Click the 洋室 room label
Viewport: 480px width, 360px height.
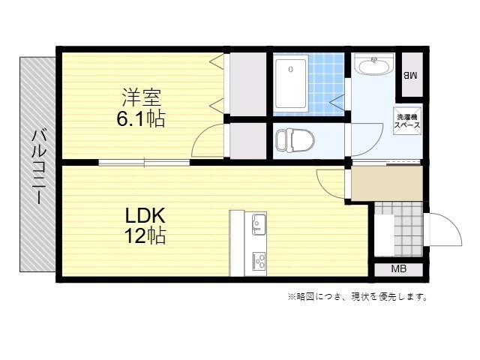coord(142,97)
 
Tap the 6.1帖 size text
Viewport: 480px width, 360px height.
coord(141,118)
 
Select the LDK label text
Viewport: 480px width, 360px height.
coord(145,215)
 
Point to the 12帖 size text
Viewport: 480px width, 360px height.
coord(145,235)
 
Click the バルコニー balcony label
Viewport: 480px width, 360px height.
coord(39,166)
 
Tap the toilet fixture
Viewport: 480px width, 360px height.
coord(295,140)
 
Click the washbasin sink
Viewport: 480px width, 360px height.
coord(373,64)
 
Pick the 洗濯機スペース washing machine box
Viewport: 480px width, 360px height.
coord(407,121)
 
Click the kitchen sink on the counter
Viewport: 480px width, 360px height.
coord(259,224)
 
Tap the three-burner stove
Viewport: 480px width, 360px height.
coord(259,262)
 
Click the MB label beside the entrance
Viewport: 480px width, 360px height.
coord(399,269)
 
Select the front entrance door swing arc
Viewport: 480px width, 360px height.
coord(452,223)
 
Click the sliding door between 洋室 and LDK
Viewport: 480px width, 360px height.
coord(144,163)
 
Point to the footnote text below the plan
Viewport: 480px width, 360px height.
coord(357,297)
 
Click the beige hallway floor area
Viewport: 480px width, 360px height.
coord(387,184)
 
